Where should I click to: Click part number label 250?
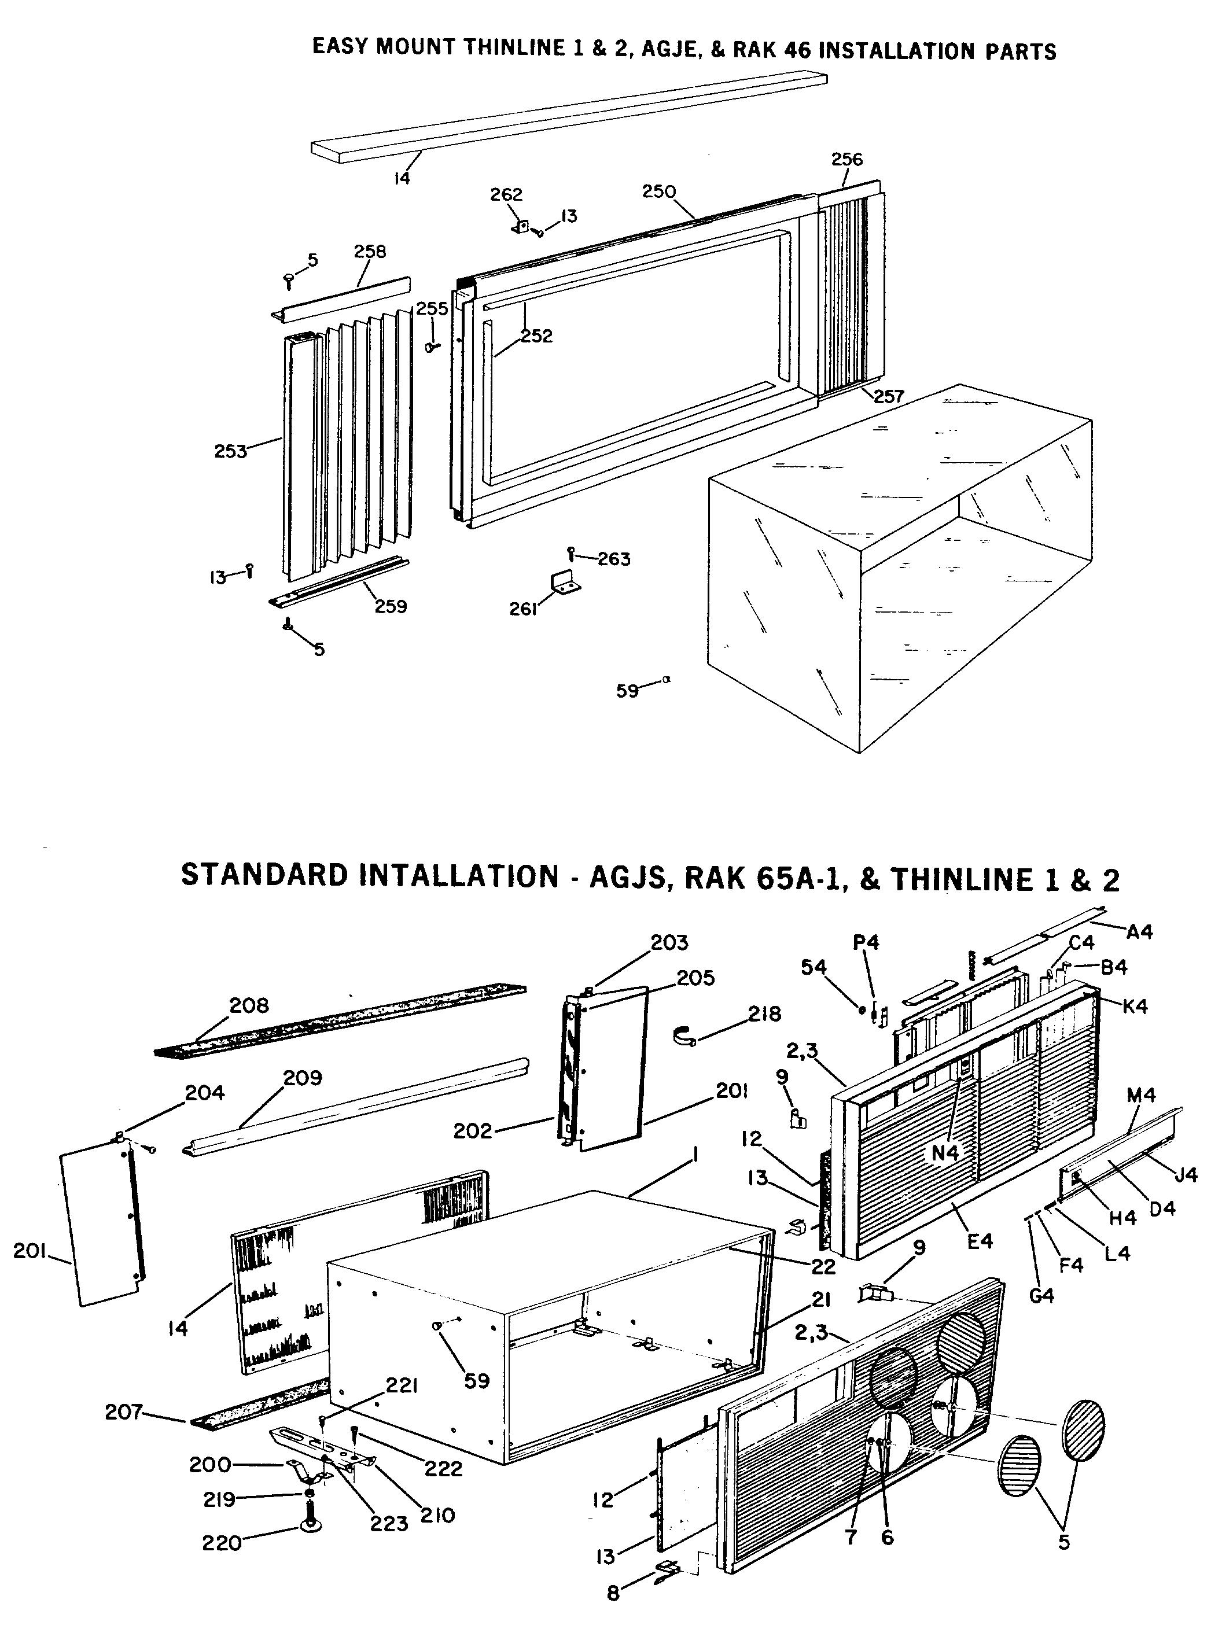[x=658, y=191]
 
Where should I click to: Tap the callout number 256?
[x=846, y=159]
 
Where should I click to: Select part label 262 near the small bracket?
[x=506, y=194]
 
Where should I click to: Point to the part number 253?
[x=230, y=451]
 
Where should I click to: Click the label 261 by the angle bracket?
[x=523, y=609]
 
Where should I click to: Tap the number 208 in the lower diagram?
[x=249, y=1005]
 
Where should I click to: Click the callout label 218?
[x=764, y=1014]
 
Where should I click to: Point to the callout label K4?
[x=1135, y=1006]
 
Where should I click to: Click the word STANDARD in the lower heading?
[x=264, y=876]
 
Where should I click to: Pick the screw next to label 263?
[x=571, y=552]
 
